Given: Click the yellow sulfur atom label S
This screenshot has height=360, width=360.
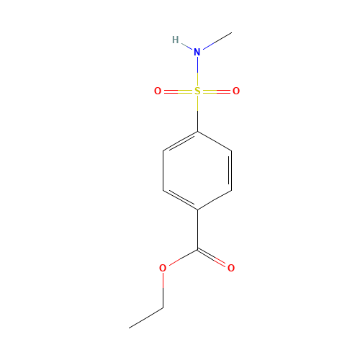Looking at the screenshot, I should coord(197,91).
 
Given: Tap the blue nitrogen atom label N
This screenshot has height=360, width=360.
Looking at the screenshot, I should coord(197,52).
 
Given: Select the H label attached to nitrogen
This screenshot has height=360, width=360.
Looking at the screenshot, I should coord(175,40).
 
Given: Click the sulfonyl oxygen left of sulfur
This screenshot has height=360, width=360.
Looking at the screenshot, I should coord(158,91).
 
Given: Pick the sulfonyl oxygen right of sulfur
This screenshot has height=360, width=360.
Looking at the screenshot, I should coord(236,91).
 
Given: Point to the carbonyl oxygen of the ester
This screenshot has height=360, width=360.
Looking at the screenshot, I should coord(231,268).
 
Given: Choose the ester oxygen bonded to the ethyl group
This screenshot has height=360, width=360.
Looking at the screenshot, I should coord(163,268).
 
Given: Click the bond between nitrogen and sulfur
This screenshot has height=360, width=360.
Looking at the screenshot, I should coord(197,71).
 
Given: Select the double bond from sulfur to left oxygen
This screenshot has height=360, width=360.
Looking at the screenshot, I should coord(177,91).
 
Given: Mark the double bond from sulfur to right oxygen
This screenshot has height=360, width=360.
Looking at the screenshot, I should coord(217,91).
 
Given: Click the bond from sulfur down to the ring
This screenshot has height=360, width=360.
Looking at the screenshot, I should coord(197,112).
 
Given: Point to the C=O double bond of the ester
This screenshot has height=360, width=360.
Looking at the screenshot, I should coord(215,258).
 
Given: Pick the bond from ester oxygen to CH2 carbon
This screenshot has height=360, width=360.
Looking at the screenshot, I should coord(163,288).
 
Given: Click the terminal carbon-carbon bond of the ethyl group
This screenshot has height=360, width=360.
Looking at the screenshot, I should coord(146,318).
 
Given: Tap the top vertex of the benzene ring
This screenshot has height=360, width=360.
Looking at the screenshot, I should coord(197,131).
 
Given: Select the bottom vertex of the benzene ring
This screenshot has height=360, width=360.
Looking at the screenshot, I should coord(197,210).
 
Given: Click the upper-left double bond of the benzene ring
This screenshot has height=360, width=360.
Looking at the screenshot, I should coord(180,141).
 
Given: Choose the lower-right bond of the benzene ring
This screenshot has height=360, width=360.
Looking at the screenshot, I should coord(215,200).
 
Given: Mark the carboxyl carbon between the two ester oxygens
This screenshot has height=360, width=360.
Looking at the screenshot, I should coord(197,249).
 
